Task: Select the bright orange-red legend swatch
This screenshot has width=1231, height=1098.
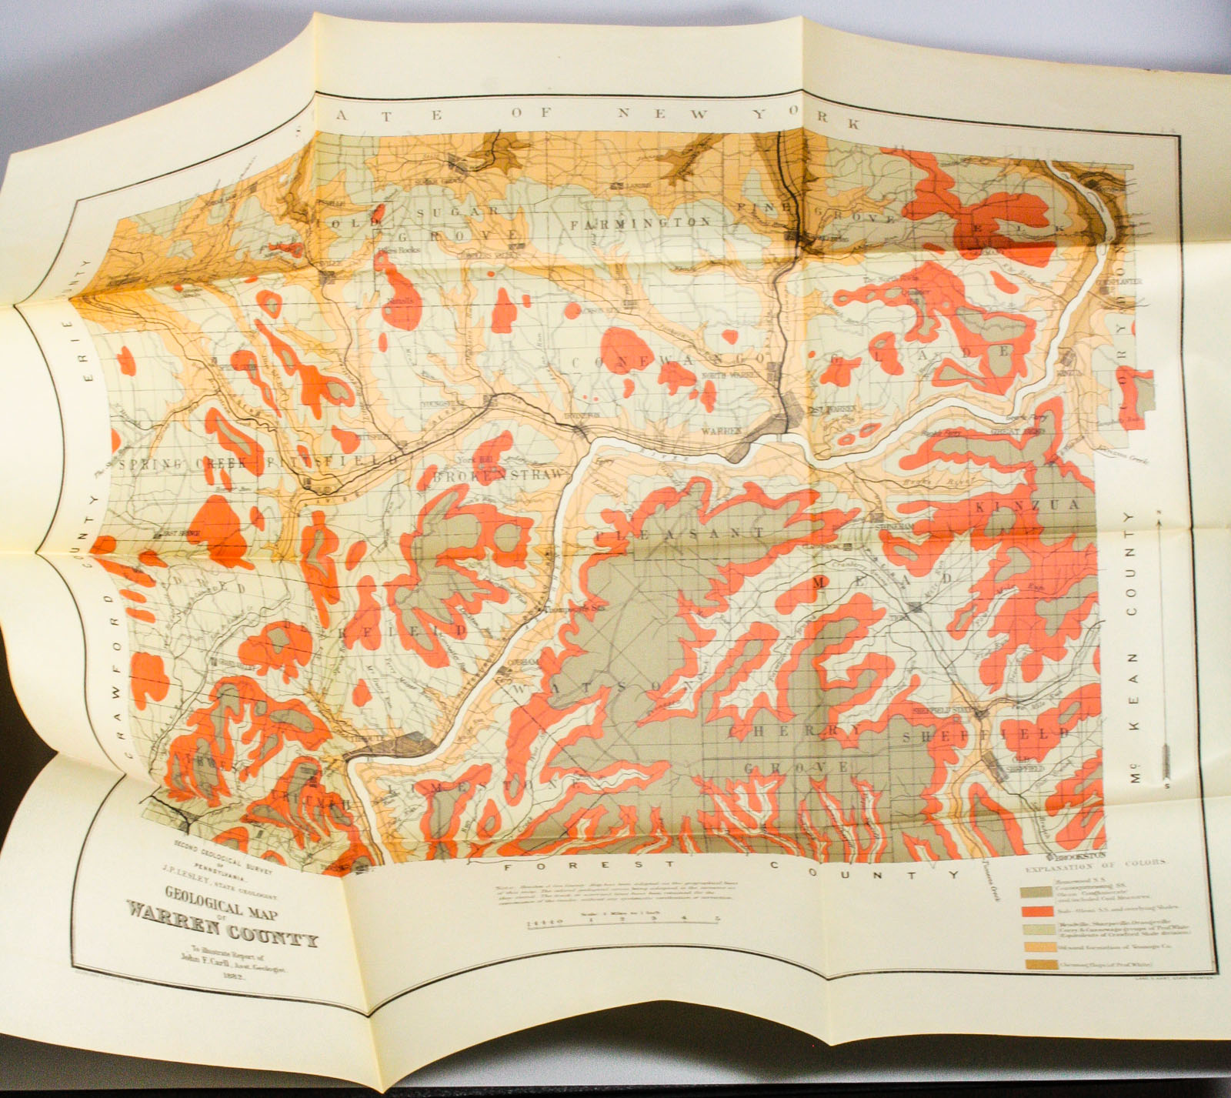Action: tap(1035, 911)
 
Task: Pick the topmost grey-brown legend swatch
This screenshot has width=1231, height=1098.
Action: tap(1036, 890)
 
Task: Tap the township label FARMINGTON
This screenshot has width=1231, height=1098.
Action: tap(640, 223)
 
